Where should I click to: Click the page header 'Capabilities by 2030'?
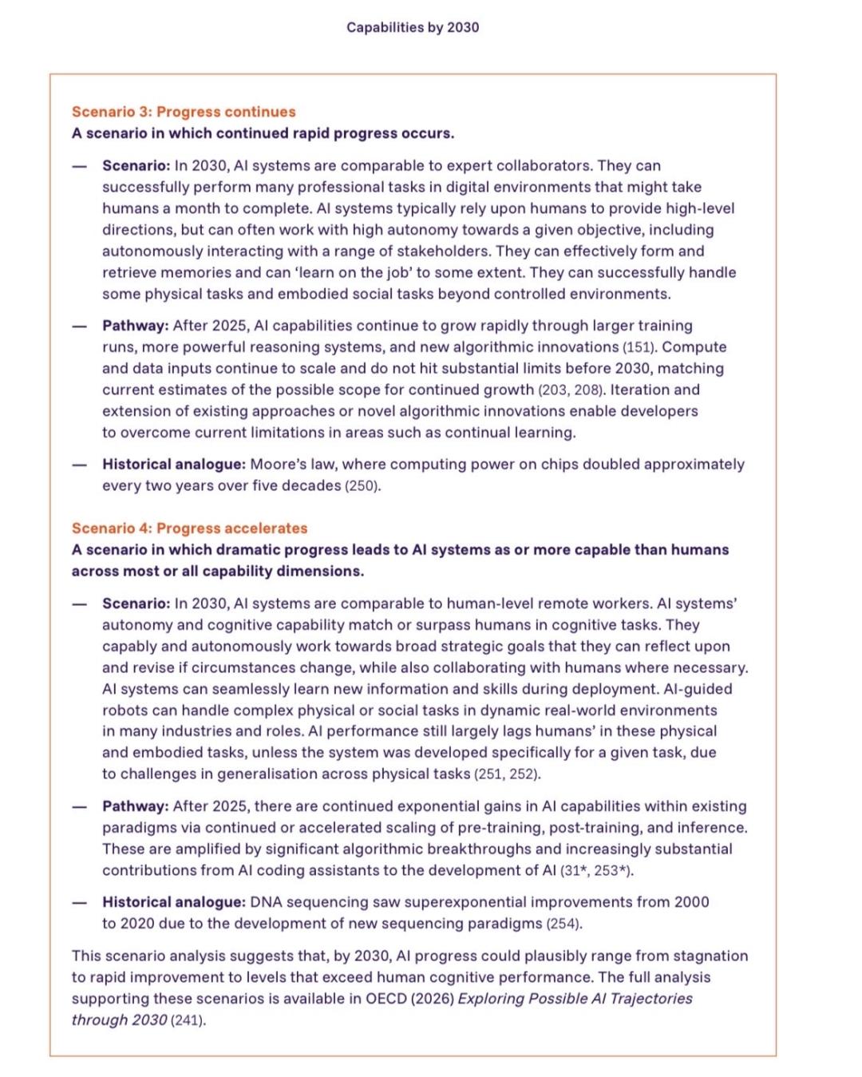tap(413, 27)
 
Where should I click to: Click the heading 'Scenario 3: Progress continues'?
tap(184, 112)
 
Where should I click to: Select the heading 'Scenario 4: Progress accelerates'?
tap(189, 528)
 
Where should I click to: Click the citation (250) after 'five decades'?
tap(362, 485)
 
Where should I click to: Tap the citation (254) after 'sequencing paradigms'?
tap(564, 924)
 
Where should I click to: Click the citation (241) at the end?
tap(188, 1020)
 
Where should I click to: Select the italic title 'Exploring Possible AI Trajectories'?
tap(575, 999)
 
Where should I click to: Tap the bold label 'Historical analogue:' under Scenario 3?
tap(173, 464)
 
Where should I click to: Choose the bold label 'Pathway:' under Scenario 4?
tap(135, 806)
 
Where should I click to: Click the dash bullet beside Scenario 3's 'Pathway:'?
tap(79, 326)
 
